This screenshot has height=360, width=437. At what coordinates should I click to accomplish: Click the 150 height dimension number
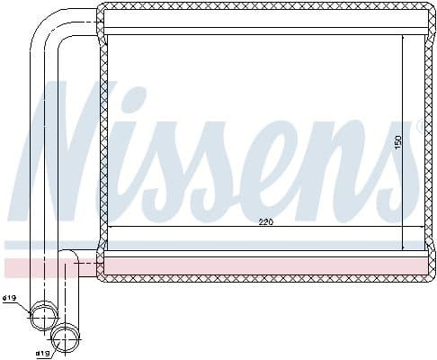pyautogui.click(x=397, y=142)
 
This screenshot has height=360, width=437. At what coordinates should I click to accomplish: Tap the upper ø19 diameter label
pyautogui.click(x=12, y=298)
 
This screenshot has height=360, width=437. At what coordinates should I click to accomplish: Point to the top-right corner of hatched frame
pyautogui.click(x=429, y=8)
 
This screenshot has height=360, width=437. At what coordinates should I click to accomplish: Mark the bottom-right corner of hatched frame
pyautogui.click(x=429, y=276)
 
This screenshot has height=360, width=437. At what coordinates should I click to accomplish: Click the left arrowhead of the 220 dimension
pyautogui.click(x=110, y=227)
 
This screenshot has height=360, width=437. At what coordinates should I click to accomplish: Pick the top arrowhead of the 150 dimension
pyautogui.click(x=404, y=38)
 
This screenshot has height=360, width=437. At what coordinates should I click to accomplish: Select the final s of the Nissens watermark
pyautogui.click(x=410, y=175)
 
